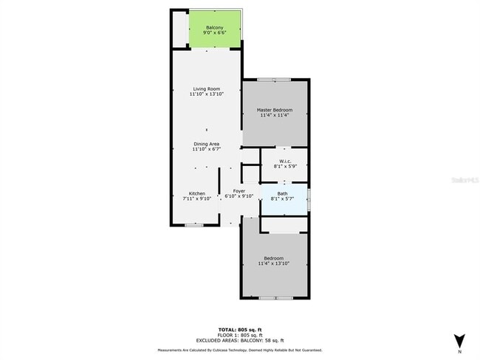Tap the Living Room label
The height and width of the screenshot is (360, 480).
pyautogui.click(x=206, y=89)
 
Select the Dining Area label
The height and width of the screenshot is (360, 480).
pyautogui.click(x=206, y=143)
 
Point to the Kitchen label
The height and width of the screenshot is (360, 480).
pyautogui.click(x=196, y=193)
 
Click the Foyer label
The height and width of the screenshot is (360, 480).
pyautogui.click(x=239, y=191)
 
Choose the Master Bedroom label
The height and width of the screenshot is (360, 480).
pyautogui.click(x=275, y=110)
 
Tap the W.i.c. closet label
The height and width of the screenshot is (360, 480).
pyautogui.click(x=284, y=162)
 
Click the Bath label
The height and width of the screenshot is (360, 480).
pyautogui.click(x=283, y=193)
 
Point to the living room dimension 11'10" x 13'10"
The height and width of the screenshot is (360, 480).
pyautogui.click(x=206, y=94)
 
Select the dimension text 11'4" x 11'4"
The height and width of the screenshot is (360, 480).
pyautogui.click(x=275, y=115)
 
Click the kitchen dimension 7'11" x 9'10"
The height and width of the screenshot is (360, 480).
pyautogui.click(x=196, y=198)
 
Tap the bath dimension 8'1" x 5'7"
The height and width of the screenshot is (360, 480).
pyautogui.click(x=283, y=198)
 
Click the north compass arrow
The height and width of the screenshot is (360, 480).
pyautogui.click(x=459, y=341)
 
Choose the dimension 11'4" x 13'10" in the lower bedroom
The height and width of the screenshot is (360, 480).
pyautogui.click(x=274, y=263)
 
